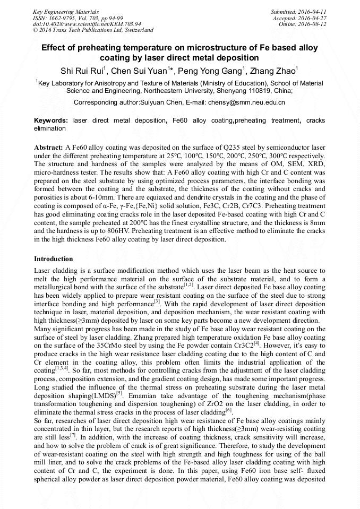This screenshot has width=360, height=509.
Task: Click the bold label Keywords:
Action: click(x=51, y=120)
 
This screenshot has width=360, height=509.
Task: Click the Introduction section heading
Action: click(x=54, y=259)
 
